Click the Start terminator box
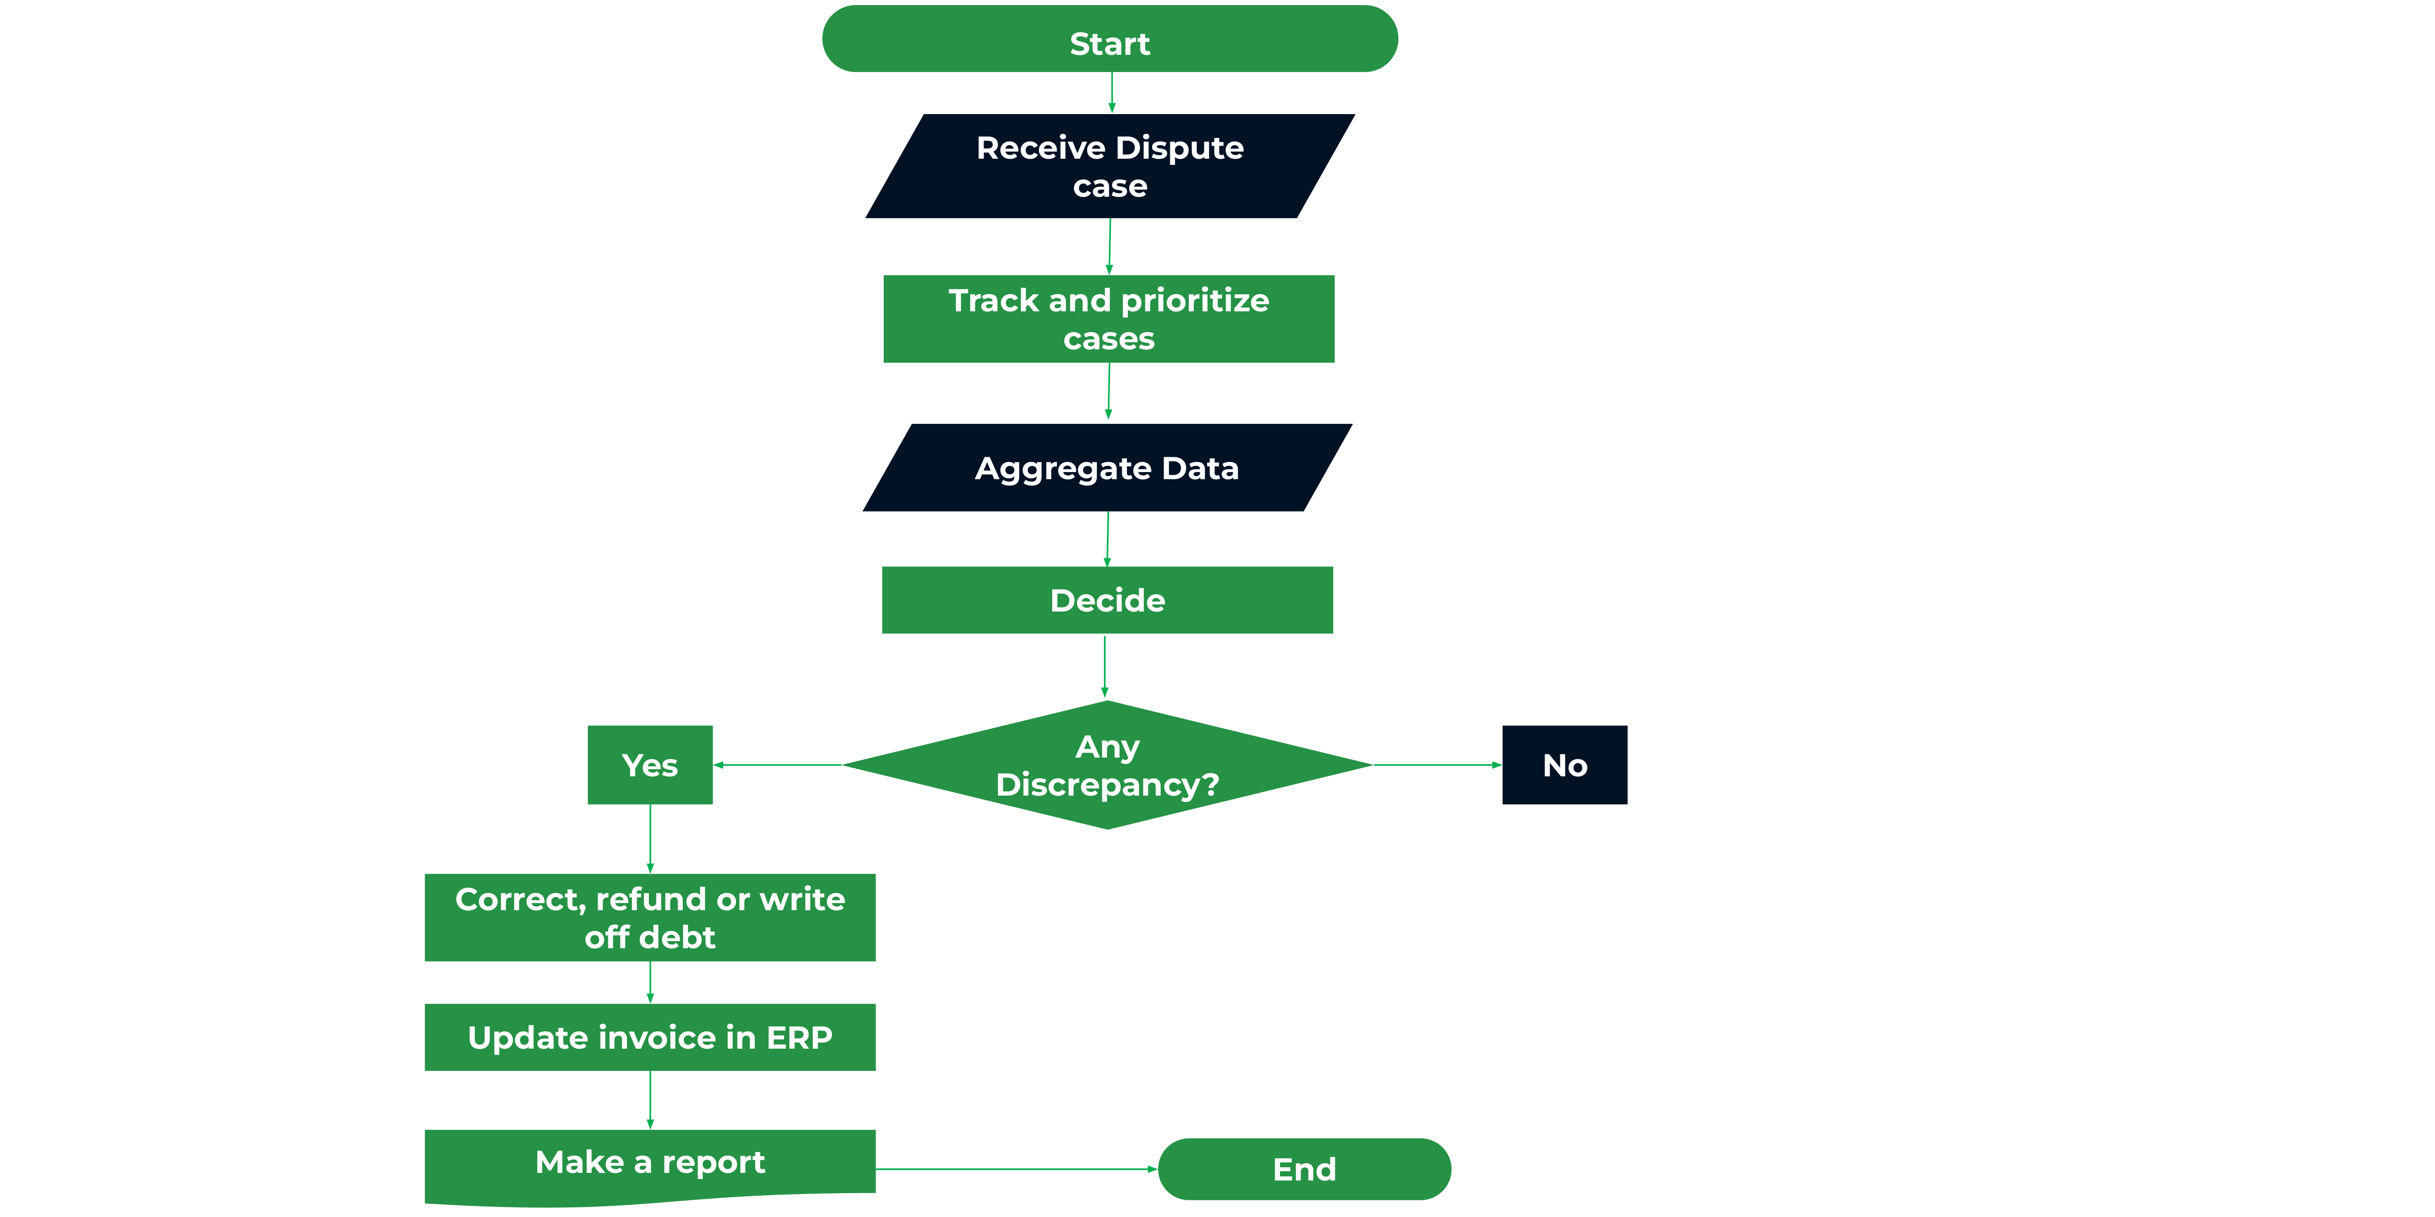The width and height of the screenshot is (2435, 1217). point(1110,39)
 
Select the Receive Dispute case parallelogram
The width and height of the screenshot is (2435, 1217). point(1110,166)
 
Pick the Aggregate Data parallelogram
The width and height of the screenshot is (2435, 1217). point(1107,468)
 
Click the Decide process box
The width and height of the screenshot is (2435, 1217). point(1107,600)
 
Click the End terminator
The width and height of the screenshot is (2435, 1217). point(1304,1169)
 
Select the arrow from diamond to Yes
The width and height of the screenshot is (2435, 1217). point(777,764)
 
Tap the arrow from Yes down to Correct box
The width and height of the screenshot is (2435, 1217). point(650,839)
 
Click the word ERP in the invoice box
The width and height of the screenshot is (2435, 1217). point(799,1037)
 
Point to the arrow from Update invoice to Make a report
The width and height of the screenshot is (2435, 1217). point(650,1100)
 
